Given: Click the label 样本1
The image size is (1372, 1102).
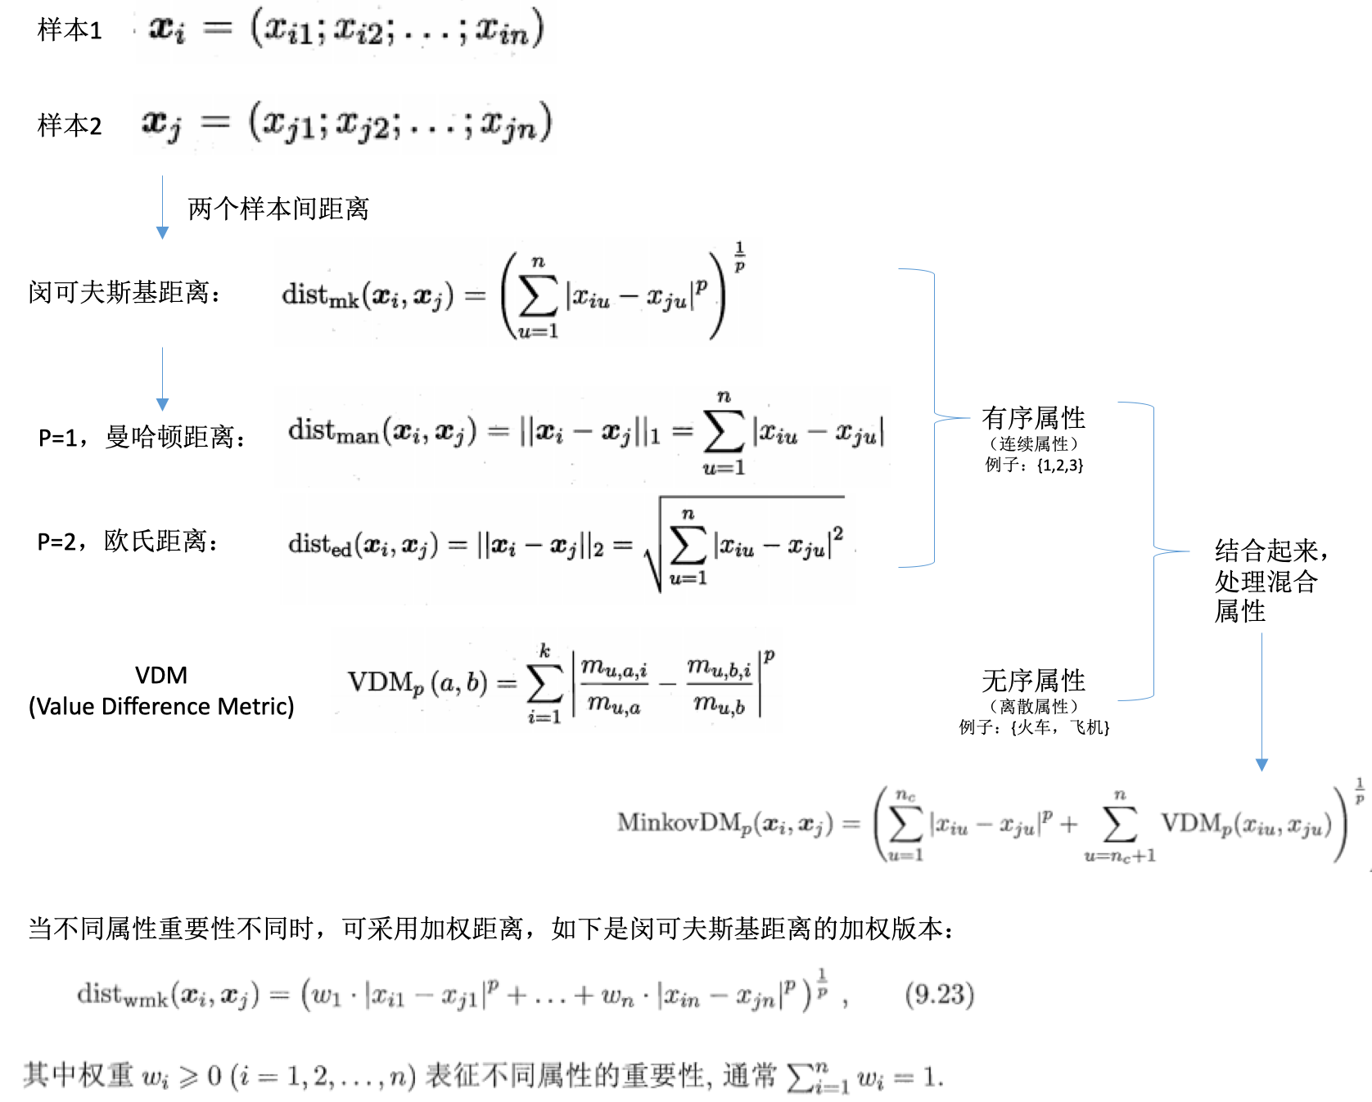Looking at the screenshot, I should pyautogui.click(x=70, y=30).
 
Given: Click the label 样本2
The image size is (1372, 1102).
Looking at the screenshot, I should pyautogui.click(x=70, y=125).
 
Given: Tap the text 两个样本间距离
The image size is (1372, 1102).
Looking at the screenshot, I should pyautogui.click(x=278, y=209).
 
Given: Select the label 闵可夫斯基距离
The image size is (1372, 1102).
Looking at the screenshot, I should pyautogui.click(x=124, y=292).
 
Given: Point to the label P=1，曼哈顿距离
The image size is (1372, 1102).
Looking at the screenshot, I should pyautogui.click(x=142, y=437).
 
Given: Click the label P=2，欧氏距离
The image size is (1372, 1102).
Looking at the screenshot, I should pyautogui.click(x=128, y=541).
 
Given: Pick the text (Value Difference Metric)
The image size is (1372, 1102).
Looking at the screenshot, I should pyautogui.click(x=161, y=706).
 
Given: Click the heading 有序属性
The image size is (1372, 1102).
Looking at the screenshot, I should pyautogui.click(x=1033, y=418).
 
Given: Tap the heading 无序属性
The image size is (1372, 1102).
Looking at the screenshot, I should pyautogui.click(x=1033, y=680).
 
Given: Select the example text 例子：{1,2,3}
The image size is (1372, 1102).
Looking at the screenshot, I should pyautogui.click(x=1034, y=465).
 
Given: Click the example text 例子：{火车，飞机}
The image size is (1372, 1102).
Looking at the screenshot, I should pyautogui.click(x=1034, y=726).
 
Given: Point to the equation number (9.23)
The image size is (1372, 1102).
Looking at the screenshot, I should pyautogui.click(x=939, y=994).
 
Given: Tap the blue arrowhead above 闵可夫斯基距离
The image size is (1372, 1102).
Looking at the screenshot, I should pyautogui.click(x=162, y=233).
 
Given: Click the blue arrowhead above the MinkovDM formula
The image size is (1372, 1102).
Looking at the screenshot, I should pyautogui.click(x=1261, y=765).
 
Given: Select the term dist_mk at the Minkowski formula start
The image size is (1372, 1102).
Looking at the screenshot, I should pyautogui.click(x=320, y=295).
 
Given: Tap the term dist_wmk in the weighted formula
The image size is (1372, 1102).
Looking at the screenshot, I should pyautogui.click(x=122, y=995).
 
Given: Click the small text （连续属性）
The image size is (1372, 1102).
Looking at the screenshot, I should pyautogui.click(x=1033, y=443).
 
